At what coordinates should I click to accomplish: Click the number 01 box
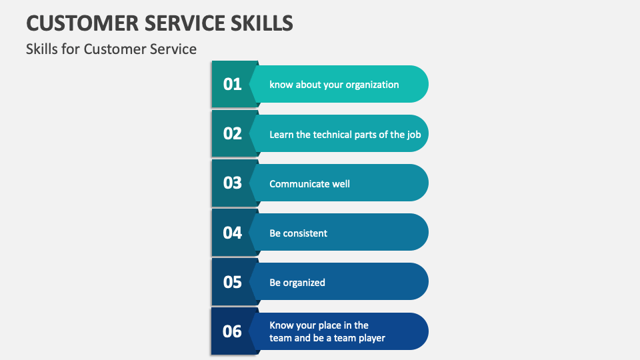point(233,84)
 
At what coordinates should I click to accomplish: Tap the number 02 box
point(233,133)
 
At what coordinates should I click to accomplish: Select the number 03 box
point(233,183)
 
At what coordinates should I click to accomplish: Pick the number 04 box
point(233,233)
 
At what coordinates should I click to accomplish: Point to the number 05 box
point(233,282)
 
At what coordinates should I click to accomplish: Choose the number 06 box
point(233,331)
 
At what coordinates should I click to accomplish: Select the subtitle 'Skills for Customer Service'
point(111,49)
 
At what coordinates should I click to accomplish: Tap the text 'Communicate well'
point(309,183)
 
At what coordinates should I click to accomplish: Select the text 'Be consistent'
point(298,233)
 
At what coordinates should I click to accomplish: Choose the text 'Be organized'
point(297,283)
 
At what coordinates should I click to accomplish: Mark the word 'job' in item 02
point(415,134)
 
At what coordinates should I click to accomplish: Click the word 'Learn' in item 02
point(281,134)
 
